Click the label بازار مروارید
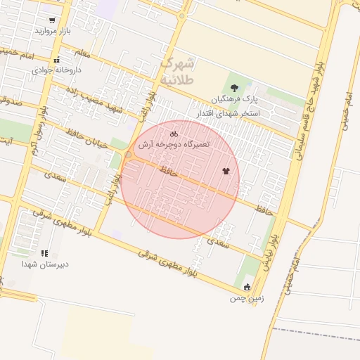tap(54, 32)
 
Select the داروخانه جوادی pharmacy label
tap(57, 70)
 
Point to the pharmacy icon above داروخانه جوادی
tap(56, 60)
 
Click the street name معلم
tap(82, 53)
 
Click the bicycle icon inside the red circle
tap(174, 133)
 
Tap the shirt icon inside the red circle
tap(226, 170)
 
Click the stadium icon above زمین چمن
tap(247, 287)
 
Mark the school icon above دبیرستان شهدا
tap(44, 253)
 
